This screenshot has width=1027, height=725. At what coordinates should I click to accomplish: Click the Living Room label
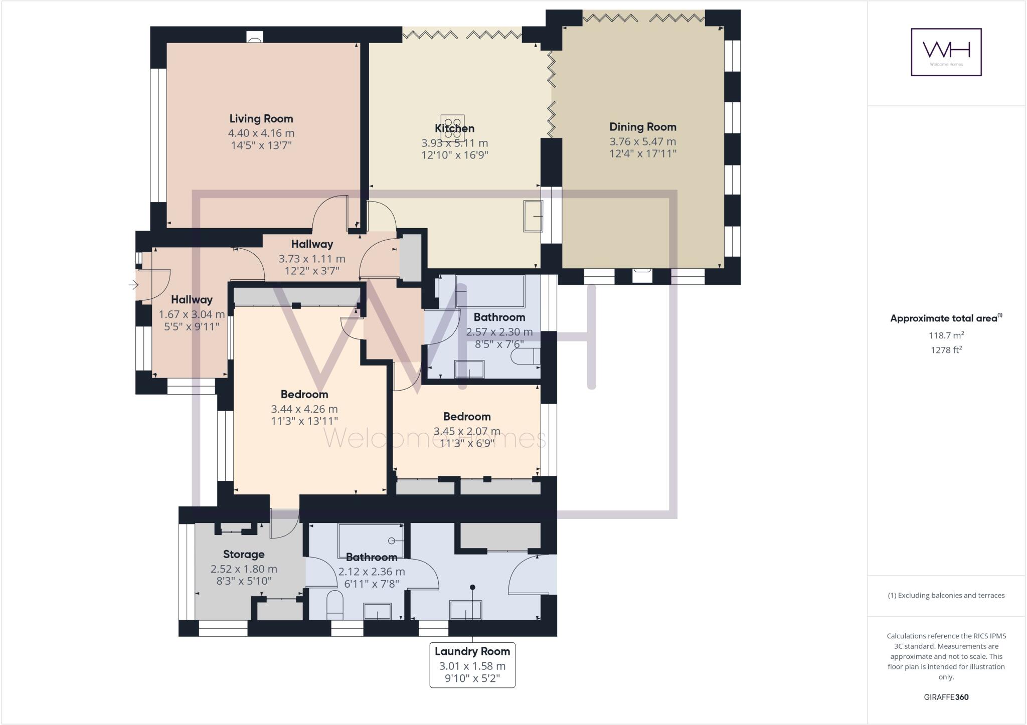click(x=261, y=119)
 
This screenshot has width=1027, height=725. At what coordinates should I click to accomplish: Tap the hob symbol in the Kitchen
click(x=453, y=128)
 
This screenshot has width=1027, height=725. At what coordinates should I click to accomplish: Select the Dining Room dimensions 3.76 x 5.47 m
click(x=642, y=141)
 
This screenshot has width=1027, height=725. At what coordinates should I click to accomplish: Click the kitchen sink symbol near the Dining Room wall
click(x=533, y=216)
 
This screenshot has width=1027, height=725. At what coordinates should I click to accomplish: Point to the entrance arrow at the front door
click(x=133, y=285)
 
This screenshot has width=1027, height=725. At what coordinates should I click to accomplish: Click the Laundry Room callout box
click(x=472, y=665)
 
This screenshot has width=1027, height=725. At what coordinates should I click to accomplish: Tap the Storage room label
click(x=244, y=554)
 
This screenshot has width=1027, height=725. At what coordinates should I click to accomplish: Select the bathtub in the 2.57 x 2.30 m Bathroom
click(x=490, y=291)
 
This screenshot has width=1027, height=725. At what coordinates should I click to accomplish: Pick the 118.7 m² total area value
click(x=946, y=335)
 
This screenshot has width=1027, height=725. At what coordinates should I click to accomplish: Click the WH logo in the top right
click(x=946, y=52)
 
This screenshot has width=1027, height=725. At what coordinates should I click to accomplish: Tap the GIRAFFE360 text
click(x=946, y=697)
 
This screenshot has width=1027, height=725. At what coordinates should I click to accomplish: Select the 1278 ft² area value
click(x=946, y=350)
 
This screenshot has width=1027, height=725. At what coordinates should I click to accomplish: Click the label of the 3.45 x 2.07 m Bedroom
click(x=466, y=417)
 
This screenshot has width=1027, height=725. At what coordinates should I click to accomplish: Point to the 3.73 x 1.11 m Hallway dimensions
click(x=311, y=259)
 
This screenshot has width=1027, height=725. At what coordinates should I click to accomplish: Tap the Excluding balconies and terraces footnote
click(x=946, y=596)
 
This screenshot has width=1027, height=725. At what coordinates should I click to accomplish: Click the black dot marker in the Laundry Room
click(x=472, y=587)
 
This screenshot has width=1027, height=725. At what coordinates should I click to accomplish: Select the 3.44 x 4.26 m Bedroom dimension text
click(x=304, y=409)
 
